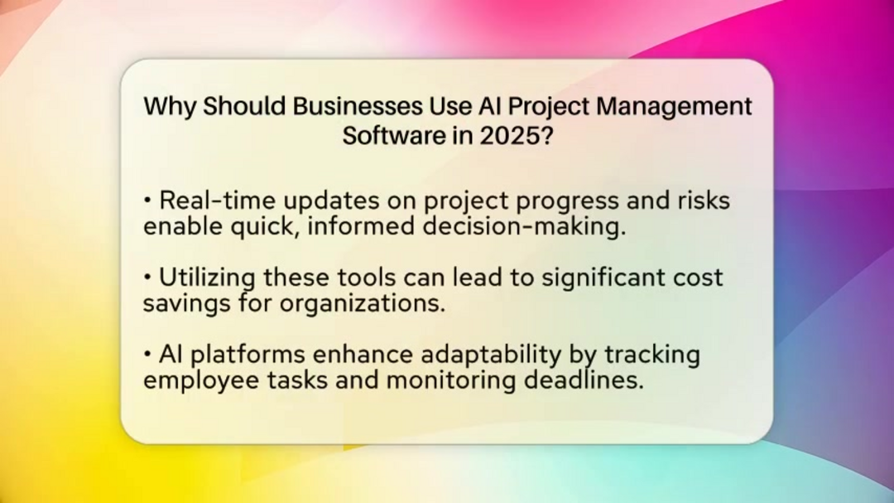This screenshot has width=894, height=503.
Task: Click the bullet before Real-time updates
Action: pos(147,201)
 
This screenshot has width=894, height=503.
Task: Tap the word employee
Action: pos(199,381)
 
